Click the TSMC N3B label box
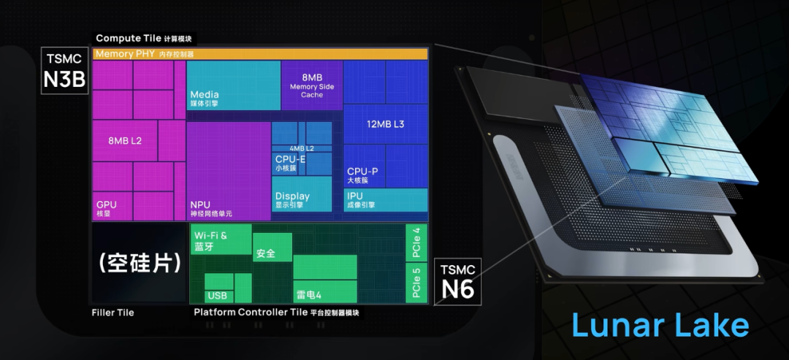point(65,71)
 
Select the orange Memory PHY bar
point(259,54)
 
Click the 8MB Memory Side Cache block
point(312,85)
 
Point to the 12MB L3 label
point(385,124)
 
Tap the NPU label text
point(200,205)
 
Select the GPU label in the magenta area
point(107,205)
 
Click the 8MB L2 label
point(125,140)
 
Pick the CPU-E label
point(290,159)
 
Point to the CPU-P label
point(362,172)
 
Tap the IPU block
point(385,199)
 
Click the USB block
point(217,296)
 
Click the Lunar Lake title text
point(659,325)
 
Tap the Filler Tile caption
point(113,313)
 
